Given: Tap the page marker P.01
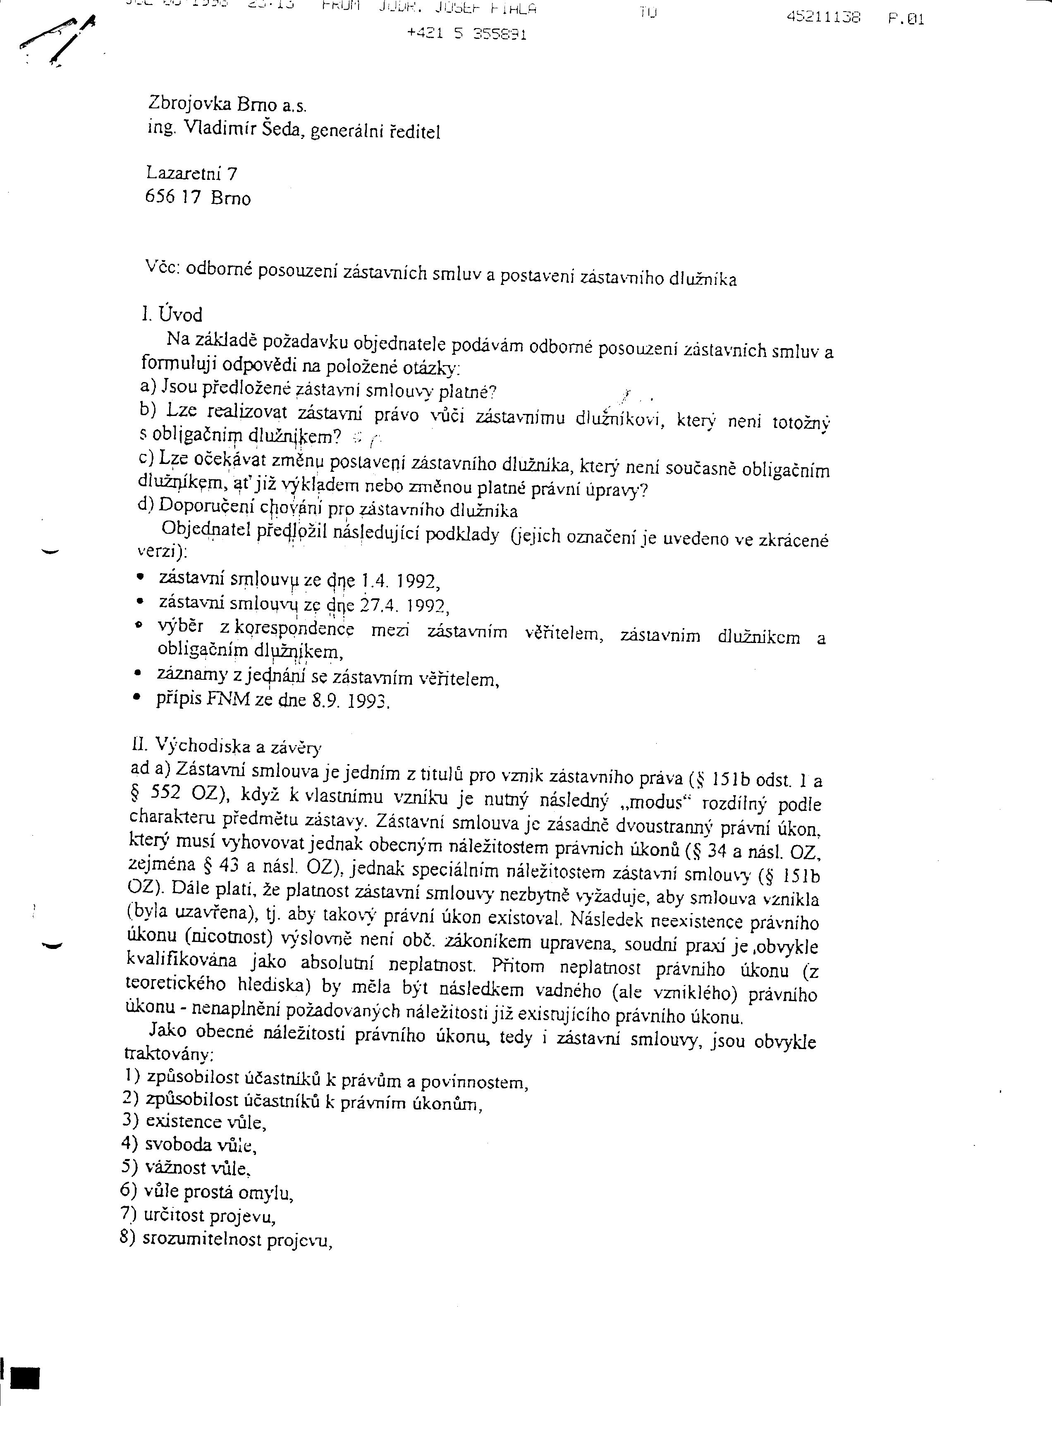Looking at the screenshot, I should click(x=906, y=19).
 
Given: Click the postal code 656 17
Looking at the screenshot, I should click(x=173, y=197).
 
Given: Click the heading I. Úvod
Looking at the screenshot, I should click(x=172, y=315).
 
